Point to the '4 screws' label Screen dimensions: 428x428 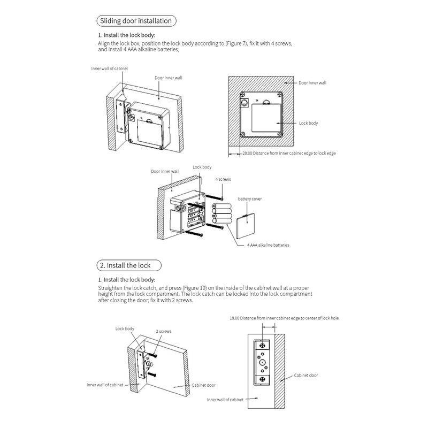point(223,180)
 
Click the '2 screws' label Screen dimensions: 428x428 point(164,332)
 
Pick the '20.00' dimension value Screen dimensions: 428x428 point(246,153)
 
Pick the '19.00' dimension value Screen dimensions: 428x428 point(233,318)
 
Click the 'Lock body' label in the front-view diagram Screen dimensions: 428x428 point(309,123)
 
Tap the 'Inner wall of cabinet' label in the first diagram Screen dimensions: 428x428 point(110,68)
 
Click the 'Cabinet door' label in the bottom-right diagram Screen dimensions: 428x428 point(306,375)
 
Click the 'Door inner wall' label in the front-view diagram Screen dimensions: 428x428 point(312,83)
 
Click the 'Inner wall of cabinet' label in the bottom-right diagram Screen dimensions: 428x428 point(226,399)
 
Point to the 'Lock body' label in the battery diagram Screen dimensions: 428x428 point(202,167)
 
